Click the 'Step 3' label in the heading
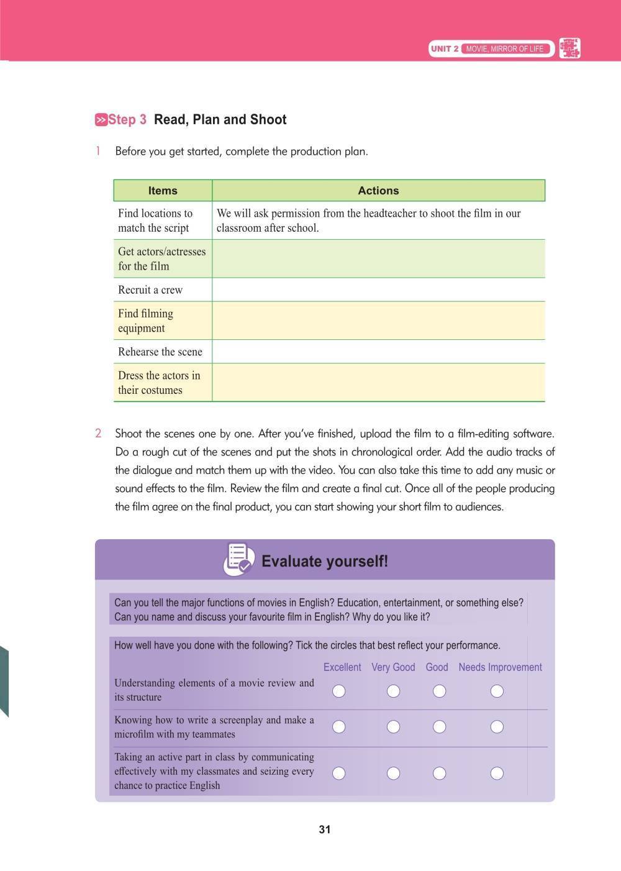click(127, 120)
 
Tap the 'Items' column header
click(163, 191)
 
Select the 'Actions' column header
click(378, 191)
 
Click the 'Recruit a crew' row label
click(150, 290)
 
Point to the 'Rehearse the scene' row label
click(160, 352)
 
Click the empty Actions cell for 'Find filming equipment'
click(378, 321)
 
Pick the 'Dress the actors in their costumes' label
click(159, 383)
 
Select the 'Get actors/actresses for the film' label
click(161, 259)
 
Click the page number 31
click(325, 829)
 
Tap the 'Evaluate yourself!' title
click(325, 562)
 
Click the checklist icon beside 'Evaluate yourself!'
click(238, 559)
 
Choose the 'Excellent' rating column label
click(342, 667)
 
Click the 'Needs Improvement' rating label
click(500, 667)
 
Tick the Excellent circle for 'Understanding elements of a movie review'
click(339, 691)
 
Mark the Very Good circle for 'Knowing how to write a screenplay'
click(393, 727)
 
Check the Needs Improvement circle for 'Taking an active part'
click(497, 773)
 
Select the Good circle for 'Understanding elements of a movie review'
click(439, 691)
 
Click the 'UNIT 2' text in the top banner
click(445, 48)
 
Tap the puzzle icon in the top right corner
click(569, 48)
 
